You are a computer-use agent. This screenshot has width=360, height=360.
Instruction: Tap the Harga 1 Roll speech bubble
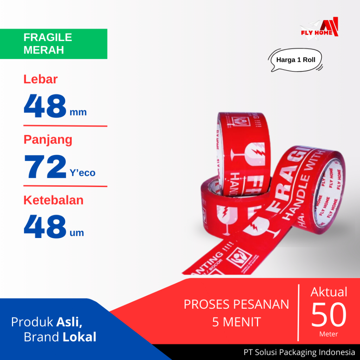296,60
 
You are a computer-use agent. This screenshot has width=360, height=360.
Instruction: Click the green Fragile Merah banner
53,44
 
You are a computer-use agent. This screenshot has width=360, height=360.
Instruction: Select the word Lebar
40,79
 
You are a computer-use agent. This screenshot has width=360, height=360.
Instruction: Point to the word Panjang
48,140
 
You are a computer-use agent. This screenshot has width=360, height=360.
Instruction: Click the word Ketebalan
53,200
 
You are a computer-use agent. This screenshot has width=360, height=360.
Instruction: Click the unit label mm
78,112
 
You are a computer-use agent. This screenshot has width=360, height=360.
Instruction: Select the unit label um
77,233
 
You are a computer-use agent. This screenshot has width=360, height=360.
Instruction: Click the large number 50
329,315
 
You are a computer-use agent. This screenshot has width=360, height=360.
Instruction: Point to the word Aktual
329,292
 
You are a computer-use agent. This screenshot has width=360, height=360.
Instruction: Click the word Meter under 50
329,334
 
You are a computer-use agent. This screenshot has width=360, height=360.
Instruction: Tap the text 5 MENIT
236,322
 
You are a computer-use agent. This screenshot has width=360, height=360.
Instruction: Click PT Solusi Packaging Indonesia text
299,352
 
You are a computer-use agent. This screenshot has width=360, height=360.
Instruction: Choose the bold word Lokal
79,337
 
